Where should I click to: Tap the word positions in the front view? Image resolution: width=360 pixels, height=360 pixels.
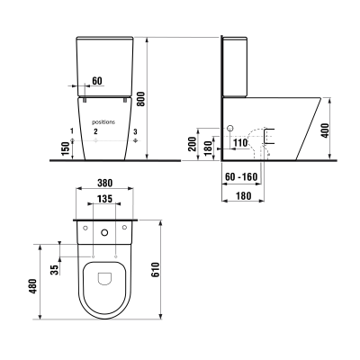pyautogui.click(x=104, y=120)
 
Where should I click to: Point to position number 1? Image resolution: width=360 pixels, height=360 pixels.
pyautogui.click(x=70, y=132)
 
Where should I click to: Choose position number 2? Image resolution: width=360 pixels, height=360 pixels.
pyautogui.click(x=94, y=132)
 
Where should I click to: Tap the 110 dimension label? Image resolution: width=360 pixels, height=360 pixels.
pyautogui.click(x=240, y=143)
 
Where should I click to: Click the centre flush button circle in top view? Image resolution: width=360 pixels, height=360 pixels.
pyautogui.click(x=104, y=233)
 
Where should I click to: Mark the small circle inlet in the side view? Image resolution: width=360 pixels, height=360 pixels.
pyautogui.click(x=229, y=127)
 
